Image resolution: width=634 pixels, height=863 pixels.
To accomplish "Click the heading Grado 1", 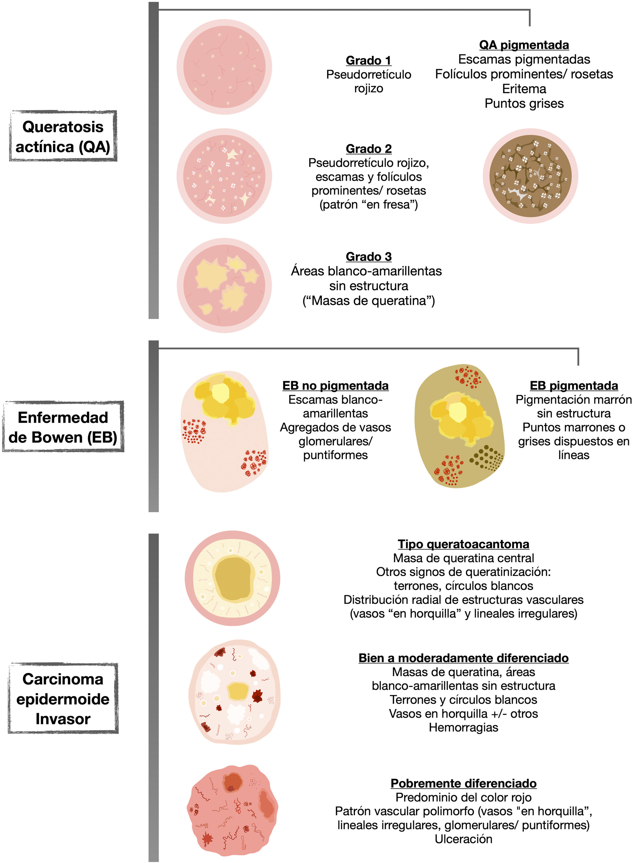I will [x=368, y=60].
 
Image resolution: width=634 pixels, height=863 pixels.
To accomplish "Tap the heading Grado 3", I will [x=368, y=256].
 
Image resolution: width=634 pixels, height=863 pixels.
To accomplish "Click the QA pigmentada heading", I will [x=524, y=45].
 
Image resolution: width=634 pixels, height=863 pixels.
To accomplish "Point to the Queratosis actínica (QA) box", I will [x=63, y=136].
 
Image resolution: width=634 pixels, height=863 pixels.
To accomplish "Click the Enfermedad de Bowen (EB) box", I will [x=63, y=427].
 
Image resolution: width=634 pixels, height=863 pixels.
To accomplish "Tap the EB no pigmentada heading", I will [x=335, y=386].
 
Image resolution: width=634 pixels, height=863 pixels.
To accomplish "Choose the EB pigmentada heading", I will [x=574, y=386].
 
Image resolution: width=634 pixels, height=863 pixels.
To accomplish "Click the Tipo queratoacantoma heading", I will [x=463, y=544].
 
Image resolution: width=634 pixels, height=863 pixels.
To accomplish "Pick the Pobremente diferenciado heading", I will [x=463, y=783].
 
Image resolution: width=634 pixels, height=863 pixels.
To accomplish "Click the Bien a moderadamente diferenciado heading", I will [x=463, y=658].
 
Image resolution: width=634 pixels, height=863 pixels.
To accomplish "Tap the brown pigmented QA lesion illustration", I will [x=530, y=176].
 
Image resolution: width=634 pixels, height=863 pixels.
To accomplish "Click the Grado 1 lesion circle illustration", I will [x=224, y=67].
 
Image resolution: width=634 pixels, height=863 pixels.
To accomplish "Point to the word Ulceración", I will [x=463, y=839].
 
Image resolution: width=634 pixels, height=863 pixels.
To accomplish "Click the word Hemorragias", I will [x=463, y=728].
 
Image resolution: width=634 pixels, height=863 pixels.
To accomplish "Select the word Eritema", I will [x=524, y=89].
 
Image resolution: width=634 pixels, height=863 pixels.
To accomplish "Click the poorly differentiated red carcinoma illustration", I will [x=232, y=810].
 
